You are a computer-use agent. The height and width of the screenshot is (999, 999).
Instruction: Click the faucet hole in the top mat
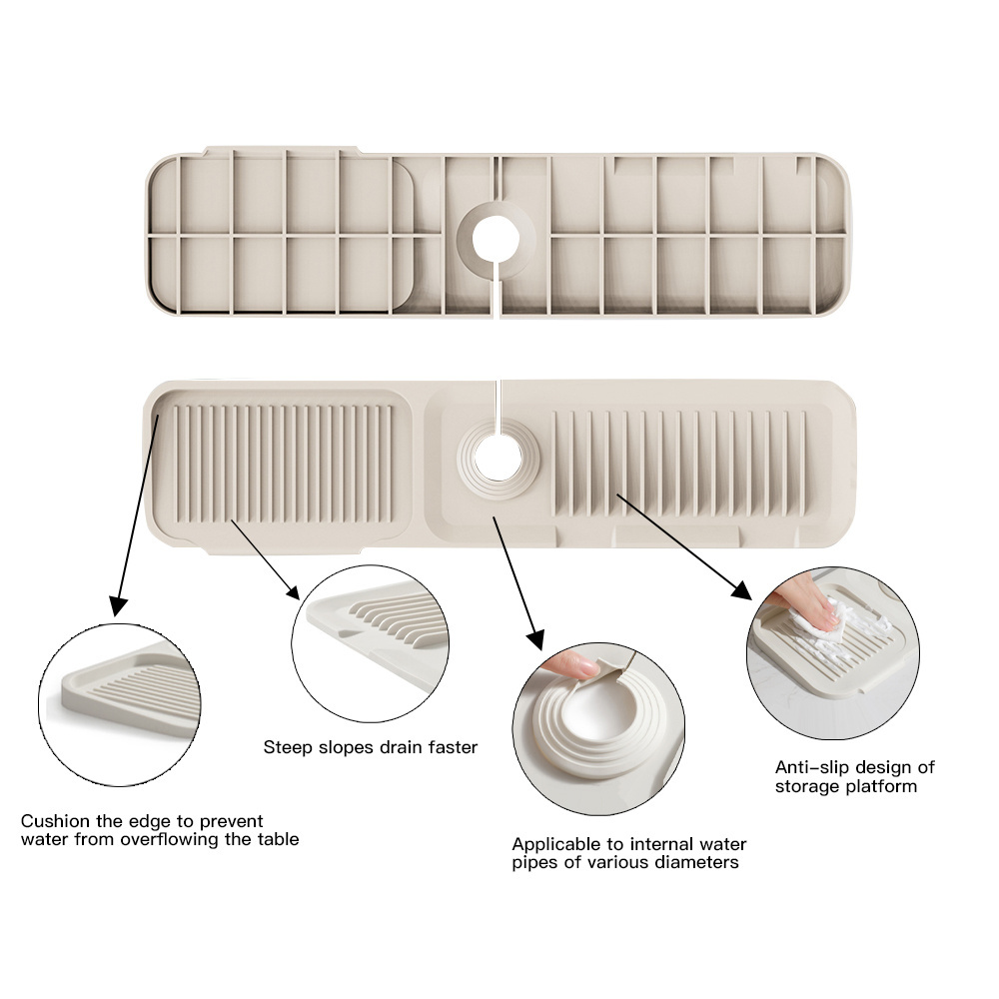[x=496, y=240]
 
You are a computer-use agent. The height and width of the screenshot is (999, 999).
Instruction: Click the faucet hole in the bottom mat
[x=498, y=458]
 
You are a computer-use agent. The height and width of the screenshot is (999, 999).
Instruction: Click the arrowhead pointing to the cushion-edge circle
[x=117, y=606]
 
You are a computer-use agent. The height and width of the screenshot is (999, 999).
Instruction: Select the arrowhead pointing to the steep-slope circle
[x=293, y=591]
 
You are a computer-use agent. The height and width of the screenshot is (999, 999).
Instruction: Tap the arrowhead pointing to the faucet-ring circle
[x=535, y=639]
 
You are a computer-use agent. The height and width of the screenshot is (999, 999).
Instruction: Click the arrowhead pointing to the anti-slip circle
[x=741, y=590]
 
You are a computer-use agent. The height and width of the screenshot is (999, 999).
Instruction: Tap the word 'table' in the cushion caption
[x=278, y=839]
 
